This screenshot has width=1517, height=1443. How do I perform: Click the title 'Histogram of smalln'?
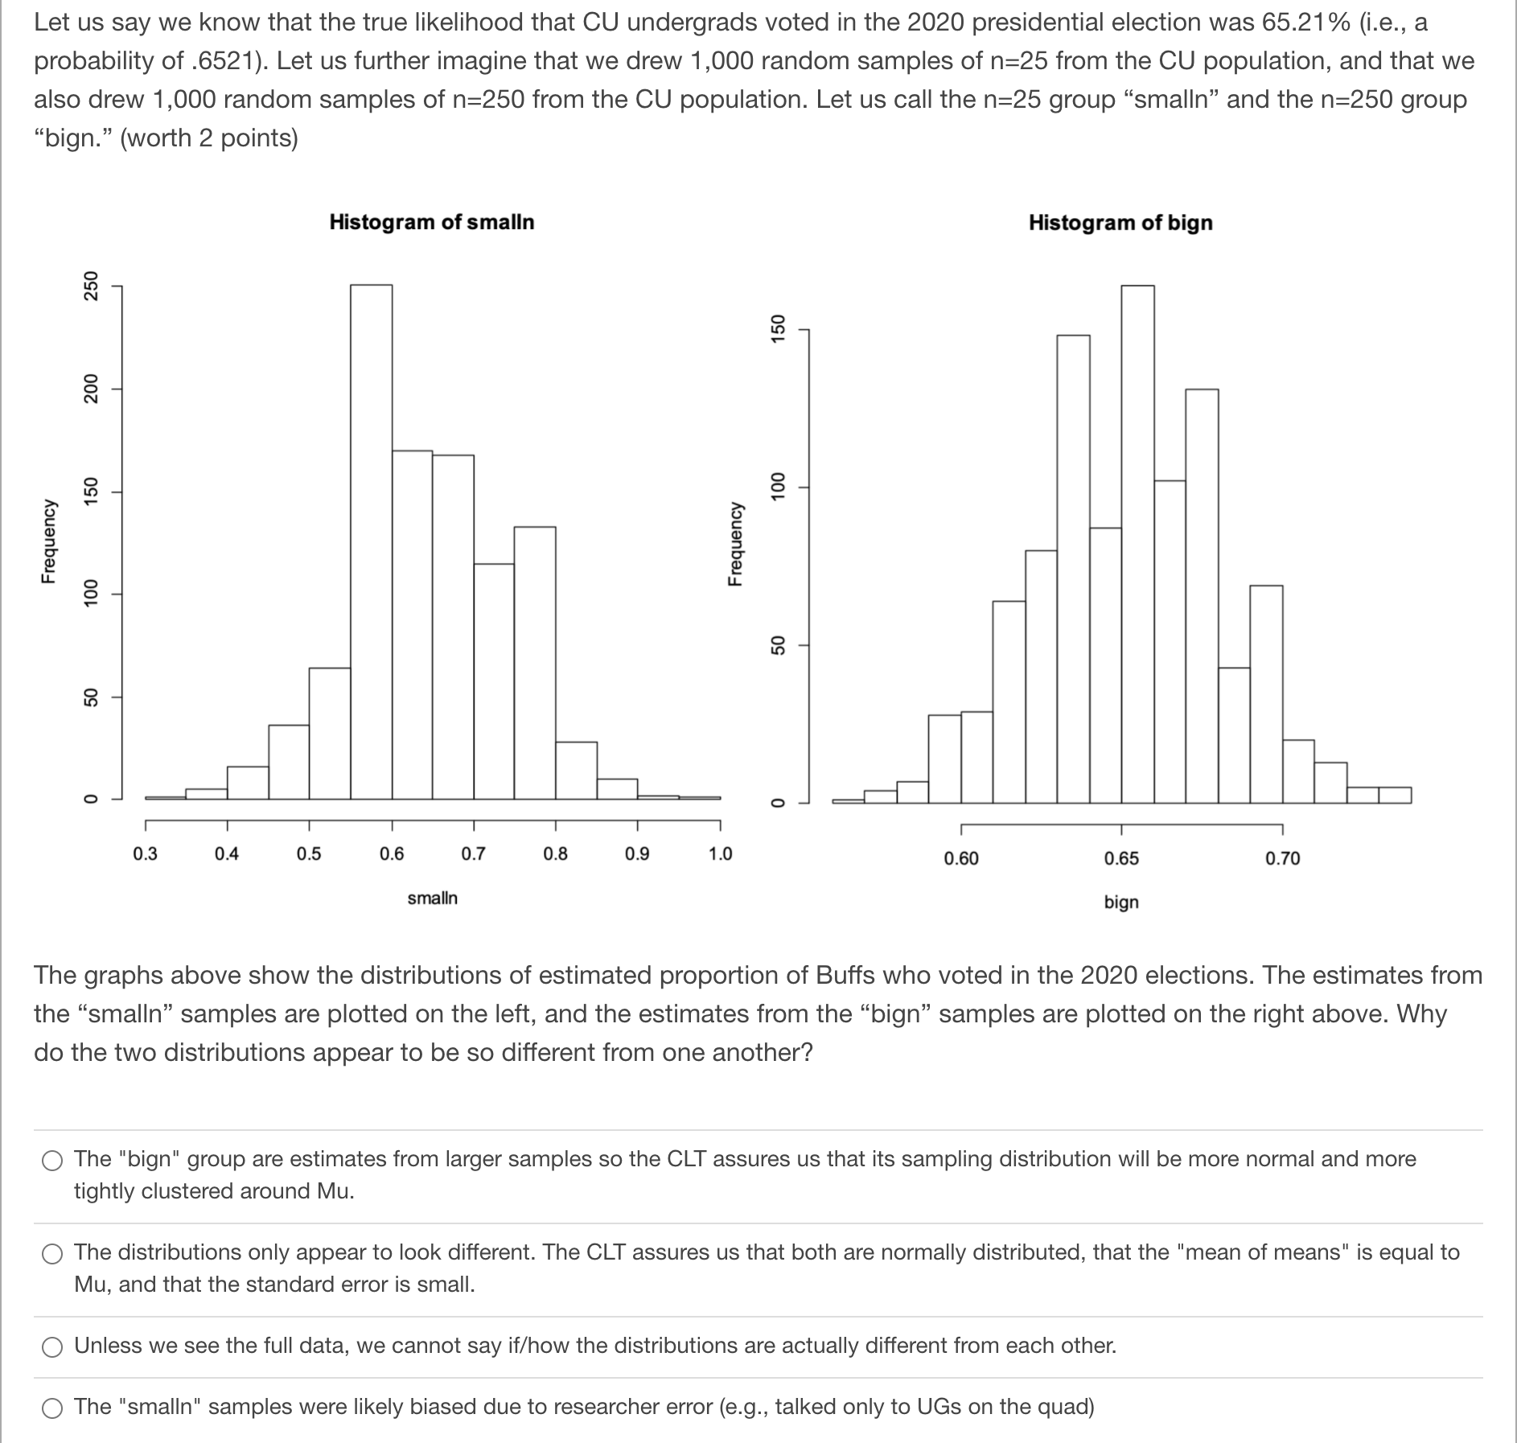point(432,222)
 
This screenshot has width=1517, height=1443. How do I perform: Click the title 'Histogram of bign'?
point(1120,223)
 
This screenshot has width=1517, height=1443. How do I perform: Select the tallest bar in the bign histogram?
point(1137,544)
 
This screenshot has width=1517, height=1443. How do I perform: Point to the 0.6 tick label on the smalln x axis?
point(392,853)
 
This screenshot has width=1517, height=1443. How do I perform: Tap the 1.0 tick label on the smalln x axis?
point(720,853)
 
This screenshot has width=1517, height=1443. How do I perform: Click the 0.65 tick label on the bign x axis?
point(1121,858)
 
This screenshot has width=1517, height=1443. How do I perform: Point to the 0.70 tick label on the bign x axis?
point(1282,858)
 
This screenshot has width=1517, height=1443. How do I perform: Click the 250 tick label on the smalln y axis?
point(92,286)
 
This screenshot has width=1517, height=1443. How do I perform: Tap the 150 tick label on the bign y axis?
point(778,329)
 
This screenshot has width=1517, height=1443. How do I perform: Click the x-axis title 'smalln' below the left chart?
point(432,898)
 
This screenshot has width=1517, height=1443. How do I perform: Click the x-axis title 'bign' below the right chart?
point(1121,902)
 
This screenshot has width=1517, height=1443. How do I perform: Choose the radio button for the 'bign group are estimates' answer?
point(53,1160)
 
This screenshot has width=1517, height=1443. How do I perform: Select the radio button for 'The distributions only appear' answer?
point(53,1253)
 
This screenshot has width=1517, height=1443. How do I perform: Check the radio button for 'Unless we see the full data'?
point(53,1346)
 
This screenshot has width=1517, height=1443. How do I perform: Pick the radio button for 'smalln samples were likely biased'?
point(53,1408)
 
